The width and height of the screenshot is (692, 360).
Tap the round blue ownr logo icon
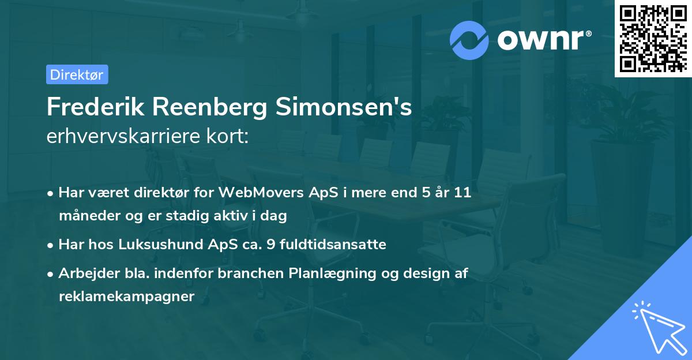tap(469, 39)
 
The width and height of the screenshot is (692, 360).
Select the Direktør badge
tap(77, 74)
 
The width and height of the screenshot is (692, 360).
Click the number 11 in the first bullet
tap(462, 192)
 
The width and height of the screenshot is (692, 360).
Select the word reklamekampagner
tap(127, 296)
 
